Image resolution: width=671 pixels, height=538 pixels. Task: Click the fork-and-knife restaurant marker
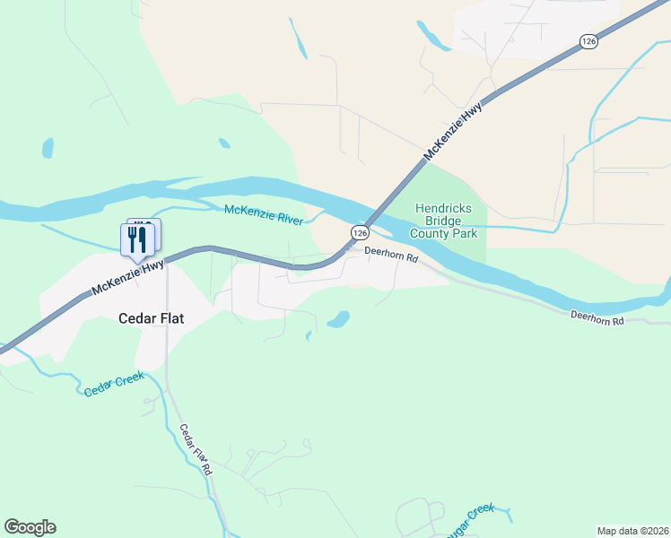click(136, 239)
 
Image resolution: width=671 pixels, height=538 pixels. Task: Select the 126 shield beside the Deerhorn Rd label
click(359, 232)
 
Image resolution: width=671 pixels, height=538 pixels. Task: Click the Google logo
click(30, 527)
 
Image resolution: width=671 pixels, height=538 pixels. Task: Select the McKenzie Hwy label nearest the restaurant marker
click(128, 277)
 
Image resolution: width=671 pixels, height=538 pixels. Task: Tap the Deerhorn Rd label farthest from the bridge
click(597, 318)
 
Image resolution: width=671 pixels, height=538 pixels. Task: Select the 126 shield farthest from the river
click(588, 41)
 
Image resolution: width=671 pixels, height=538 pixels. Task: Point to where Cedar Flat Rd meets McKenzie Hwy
click(168, 261)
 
